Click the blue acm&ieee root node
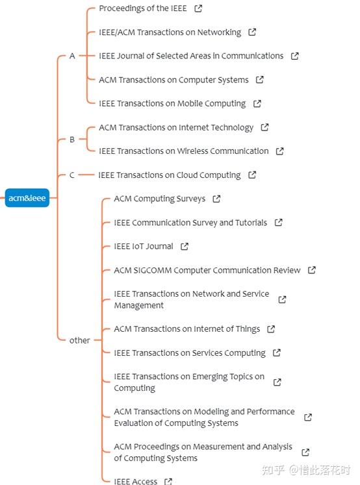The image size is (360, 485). coord(27,197)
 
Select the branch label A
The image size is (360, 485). coord(72,56)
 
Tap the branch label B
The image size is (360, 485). coord(72,140)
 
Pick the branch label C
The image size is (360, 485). coord(72,175)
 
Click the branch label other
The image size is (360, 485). coord(79,340)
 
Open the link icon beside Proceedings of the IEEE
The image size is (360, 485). coord(198,8)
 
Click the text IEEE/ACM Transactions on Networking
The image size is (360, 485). coord(170,32)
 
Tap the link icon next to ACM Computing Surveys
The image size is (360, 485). coord(216,199)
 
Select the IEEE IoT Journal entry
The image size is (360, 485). coord(144,246)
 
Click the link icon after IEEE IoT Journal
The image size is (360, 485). coord(185,246)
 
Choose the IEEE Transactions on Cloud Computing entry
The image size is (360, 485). coord(170,175)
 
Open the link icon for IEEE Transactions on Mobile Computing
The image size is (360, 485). coord(257,104)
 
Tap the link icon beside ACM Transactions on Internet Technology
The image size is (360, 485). coord(264,127)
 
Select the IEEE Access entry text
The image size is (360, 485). coord(136,481)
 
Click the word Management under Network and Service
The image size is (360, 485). coord(138,305)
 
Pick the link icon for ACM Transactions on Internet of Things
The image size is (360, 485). coord(271,329)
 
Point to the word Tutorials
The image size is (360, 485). coord(251,223)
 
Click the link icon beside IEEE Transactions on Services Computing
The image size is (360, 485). coord(276,353)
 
